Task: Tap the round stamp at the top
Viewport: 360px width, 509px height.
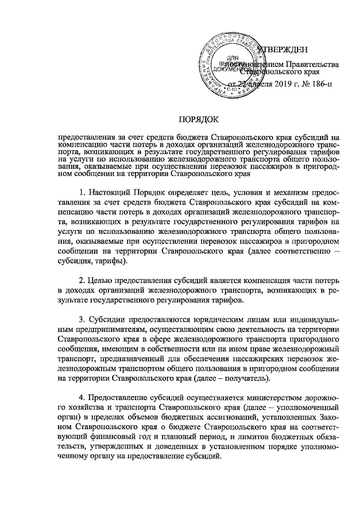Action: (231, 64)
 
